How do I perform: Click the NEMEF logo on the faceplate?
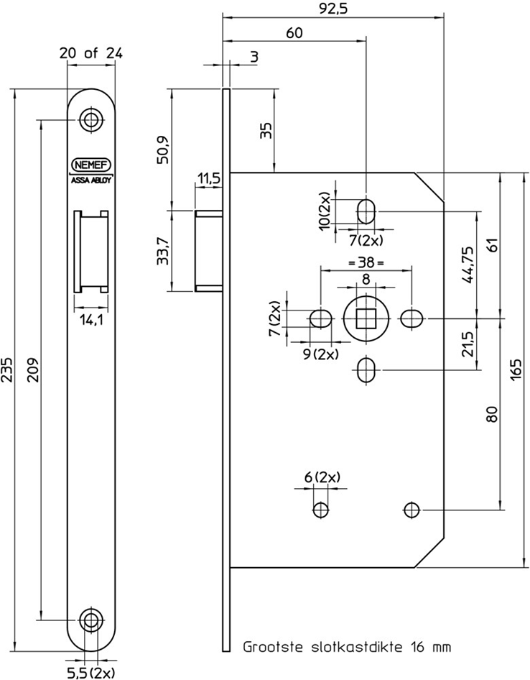90,165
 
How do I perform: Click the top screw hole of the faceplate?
90,119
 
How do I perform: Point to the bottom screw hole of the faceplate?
90,619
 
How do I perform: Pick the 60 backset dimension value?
294,32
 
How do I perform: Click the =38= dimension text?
366,262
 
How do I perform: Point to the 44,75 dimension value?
468,265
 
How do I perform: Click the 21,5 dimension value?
468,344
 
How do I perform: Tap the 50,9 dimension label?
162,150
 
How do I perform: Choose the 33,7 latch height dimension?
162,251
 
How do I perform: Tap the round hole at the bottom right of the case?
411,509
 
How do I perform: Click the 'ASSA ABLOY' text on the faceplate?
90,180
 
